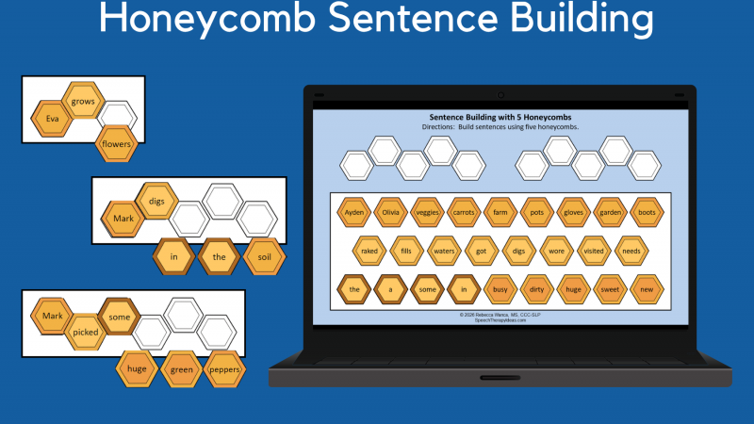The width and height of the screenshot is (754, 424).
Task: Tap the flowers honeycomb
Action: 117,145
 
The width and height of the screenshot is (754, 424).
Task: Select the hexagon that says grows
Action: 83,99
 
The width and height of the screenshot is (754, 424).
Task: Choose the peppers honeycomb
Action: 224,369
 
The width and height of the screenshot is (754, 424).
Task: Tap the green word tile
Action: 182,369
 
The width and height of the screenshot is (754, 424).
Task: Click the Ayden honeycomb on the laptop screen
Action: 354,212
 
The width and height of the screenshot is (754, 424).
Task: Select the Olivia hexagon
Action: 391,212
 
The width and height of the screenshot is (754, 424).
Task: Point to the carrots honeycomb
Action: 464,212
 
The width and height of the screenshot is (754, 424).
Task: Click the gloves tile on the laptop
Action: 573,212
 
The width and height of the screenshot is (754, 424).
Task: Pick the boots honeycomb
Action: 646,212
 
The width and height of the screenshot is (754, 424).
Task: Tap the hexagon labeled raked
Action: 370,251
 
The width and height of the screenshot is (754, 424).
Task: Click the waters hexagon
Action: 444,251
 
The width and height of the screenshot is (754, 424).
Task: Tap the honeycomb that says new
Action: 646,289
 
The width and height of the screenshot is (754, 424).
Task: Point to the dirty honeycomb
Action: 536,289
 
